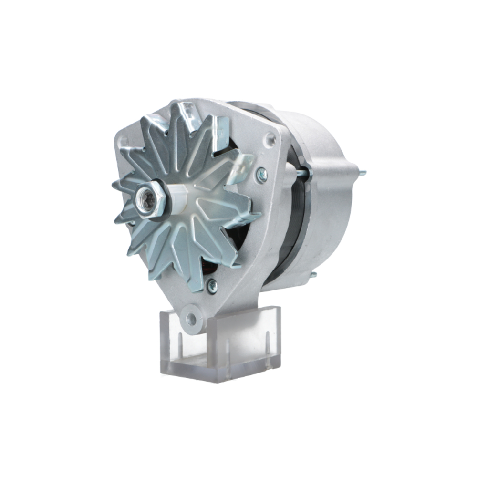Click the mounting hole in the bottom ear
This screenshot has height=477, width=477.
(x=191, y=318)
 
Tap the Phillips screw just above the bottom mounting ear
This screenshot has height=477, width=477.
(x=212, y=286)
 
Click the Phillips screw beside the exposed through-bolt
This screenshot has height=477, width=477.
(x=261, y=175)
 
